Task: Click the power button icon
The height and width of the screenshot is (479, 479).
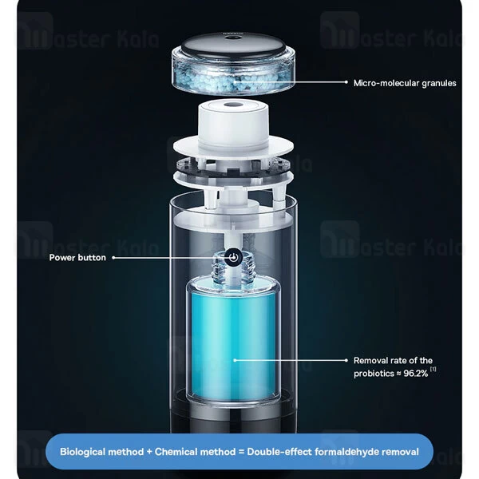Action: coord(233,257)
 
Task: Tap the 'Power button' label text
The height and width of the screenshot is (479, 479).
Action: coord(77,258)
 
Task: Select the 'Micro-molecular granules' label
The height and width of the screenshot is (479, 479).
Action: coord(405,83)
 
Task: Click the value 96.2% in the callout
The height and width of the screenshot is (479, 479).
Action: coord(416,374)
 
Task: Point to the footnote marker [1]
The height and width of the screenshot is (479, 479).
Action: coord(433,370)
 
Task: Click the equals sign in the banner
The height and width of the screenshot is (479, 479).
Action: coord(241,452)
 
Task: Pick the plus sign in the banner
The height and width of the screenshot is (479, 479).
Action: coord(149,452)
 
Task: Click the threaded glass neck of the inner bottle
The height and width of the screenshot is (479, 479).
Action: coord(233,268)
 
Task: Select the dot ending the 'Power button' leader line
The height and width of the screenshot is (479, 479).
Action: coord(113,258)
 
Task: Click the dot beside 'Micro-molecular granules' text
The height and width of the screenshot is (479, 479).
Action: coord(346,82)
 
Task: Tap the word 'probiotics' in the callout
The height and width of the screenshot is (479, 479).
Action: coord(374,374)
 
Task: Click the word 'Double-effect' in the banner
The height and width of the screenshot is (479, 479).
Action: coord(279,452)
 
